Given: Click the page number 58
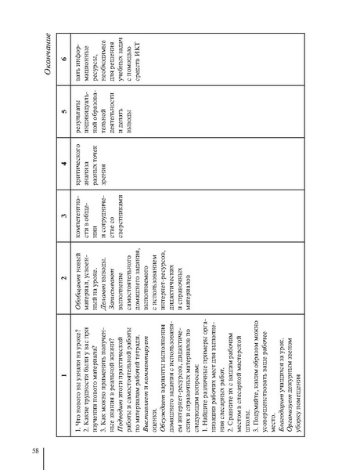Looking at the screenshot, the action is (x=35, y=428).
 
